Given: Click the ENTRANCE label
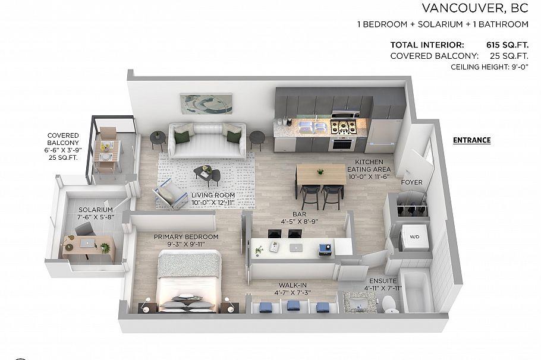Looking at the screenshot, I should click(471, 141).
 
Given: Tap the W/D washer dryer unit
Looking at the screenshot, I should click(414, 236).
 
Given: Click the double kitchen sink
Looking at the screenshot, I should click(313, 127).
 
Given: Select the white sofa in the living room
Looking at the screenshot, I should click(207, 141).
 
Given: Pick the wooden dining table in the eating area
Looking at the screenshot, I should click(320, 174).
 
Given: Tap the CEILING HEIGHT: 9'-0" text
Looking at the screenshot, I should click(489, 67).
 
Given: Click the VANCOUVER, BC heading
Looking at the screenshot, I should click(474, 8).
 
